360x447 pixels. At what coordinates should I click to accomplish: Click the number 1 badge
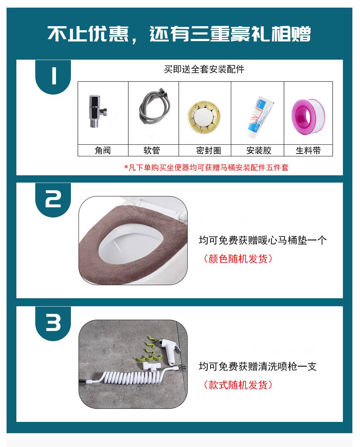click(x=53, y=77)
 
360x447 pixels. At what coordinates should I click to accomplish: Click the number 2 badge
click(x=53, y=200)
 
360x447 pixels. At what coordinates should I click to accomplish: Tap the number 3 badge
click(x=53, y=323)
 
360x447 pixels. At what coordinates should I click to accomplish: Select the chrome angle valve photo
click(x=97, y=111)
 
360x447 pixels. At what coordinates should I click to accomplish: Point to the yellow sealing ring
click(x=204, y=118)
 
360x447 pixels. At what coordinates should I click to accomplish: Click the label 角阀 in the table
click(x=103, y=150)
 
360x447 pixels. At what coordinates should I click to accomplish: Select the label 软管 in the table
click(x=152, y=150)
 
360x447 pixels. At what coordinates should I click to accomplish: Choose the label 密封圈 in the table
click(x=209, y=150)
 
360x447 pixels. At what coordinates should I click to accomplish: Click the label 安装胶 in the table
click(x=259, y=150)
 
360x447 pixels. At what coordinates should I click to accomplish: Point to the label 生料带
click(x=308, y=150)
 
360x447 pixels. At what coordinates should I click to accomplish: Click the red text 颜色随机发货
click(x=238, y=259)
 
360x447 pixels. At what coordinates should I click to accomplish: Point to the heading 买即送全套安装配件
click(x=204, y=69)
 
